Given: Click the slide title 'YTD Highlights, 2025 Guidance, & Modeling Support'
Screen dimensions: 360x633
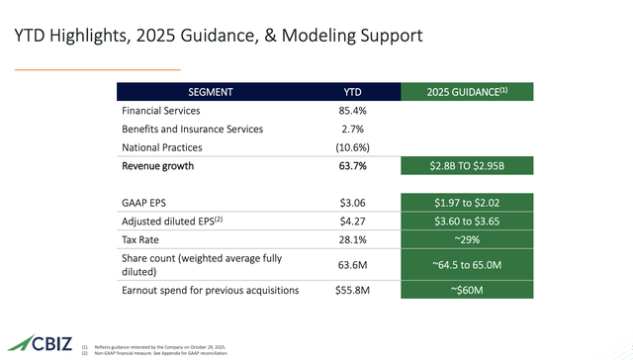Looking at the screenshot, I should [x=218, y=37].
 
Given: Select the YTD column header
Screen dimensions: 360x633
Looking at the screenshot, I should [x=353, y=92].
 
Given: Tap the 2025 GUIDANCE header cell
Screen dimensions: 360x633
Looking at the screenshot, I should [x=467, y=92].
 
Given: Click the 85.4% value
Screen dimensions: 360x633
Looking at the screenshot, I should [x=353, y=111].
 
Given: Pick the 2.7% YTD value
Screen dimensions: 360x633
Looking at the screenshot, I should [x=353, y=130].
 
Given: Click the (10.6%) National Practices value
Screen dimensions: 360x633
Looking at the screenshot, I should [x=353, y=147].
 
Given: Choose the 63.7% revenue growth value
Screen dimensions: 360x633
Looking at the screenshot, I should [x=353, y=166].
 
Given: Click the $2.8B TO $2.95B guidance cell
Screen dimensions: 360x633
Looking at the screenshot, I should [x=467, y=166].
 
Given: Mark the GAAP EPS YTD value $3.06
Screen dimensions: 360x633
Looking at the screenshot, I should [x=353, y=201].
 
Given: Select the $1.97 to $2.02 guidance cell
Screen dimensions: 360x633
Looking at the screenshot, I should [x=467, y=201].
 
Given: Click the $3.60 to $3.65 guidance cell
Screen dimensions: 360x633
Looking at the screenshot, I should [x=467, y=220].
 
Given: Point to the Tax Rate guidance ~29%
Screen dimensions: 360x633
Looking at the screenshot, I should [x=467, y=238].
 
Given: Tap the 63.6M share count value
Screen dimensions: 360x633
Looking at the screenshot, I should [x=353, y=263].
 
